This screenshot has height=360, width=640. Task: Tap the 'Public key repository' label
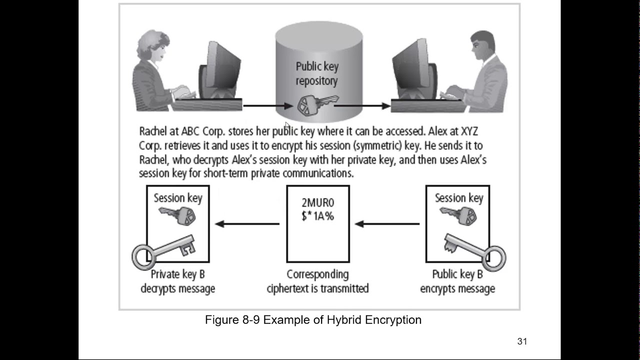(317, 73)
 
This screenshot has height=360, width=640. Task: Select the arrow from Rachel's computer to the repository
(267, 105)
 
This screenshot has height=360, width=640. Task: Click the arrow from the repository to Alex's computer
(362, 105)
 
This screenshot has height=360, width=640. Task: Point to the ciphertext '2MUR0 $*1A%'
(317, 209)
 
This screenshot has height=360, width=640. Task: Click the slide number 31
(522, 341)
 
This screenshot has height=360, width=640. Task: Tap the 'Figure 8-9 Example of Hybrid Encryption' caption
(313, 320)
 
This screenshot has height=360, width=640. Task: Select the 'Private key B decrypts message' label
(177, 281)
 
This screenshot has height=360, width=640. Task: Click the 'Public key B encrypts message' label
(457, 281)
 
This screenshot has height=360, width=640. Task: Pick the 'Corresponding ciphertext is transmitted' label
(317, 281)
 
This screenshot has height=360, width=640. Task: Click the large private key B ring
(142, 256)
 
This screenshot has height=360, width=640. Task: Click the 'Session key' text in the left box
(178, 198)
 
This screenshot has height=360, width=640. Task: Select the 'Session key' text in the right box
(459, 198)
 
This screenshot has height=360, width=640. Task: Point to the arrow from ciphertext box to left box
(247, 223)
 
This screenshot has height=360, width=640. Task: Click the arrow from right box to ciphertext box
(387, 223)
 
